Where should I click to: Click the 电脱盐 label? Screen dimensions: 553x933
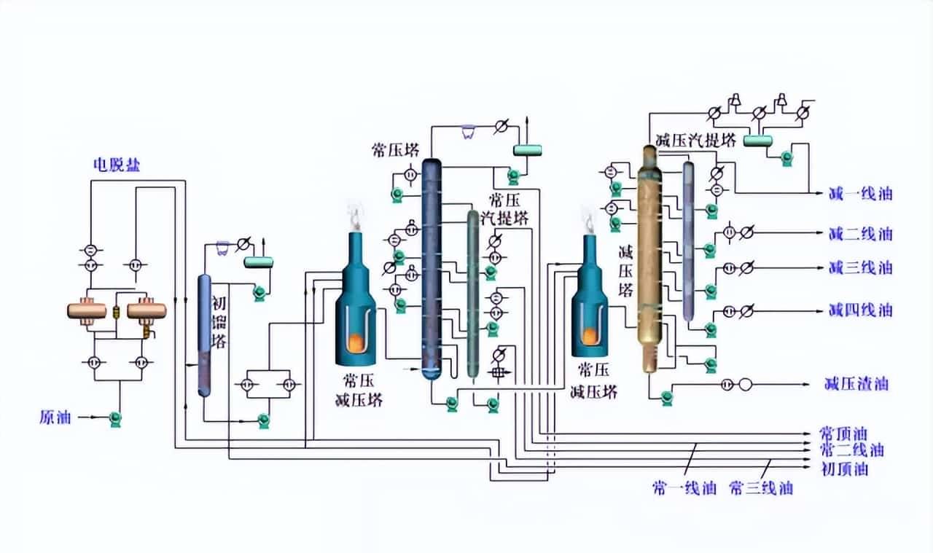(116, 165)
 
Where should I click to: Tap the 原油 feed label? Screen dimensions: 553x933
(55, 417)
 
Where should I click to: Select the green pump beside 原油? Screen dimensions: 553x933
(114, 418)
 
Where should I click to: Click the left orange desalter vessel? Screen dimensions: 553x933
(87, 310)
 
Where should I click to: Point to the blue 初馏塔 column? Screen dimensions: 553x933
(204, 335)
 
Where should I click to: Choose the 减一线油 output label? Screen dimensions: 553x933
(860, 194)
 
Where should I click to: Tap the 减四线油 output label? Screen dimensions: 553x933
(860, 310)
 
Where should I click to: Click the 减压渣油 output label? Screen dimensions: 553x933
(856, 384)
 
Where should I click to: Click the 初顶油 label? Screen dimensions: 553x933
(845, 469)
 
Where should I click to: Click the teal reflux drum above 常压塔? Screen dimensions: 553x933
(528, 150)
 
